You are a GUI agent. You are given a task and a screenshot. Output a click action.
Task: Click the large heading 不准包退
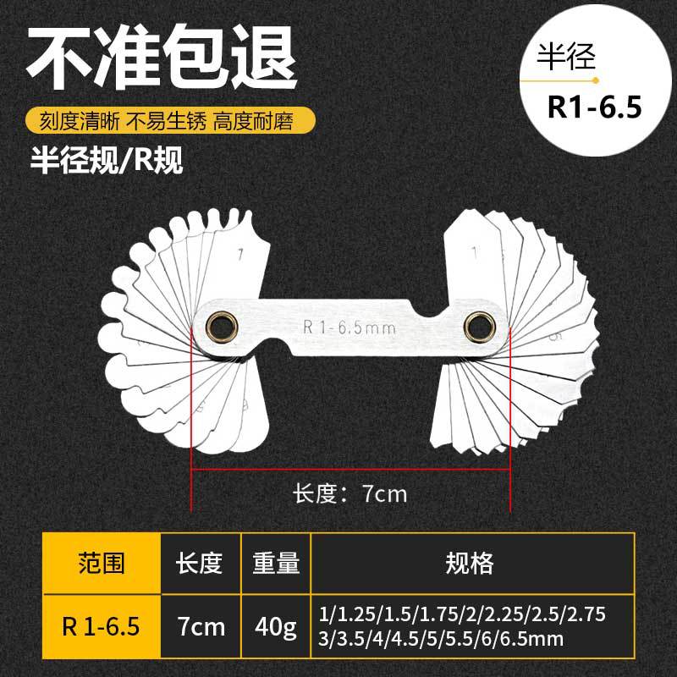(161, 57)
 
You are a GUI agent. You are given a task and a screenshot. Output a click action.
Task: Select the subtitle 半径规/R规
(105, 160)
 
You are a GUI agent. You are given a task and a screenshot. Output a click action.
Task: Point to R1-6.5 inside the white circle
(596, 107)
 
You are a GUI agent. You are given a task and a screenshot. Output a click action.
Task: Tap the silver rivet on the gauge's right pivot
(476, 325)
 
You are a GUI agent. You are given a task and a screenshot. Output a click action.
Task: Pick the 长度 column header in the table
(199, 563)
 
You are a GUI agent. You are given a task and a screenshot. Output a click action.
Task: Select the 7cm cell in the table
(199, 627)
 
